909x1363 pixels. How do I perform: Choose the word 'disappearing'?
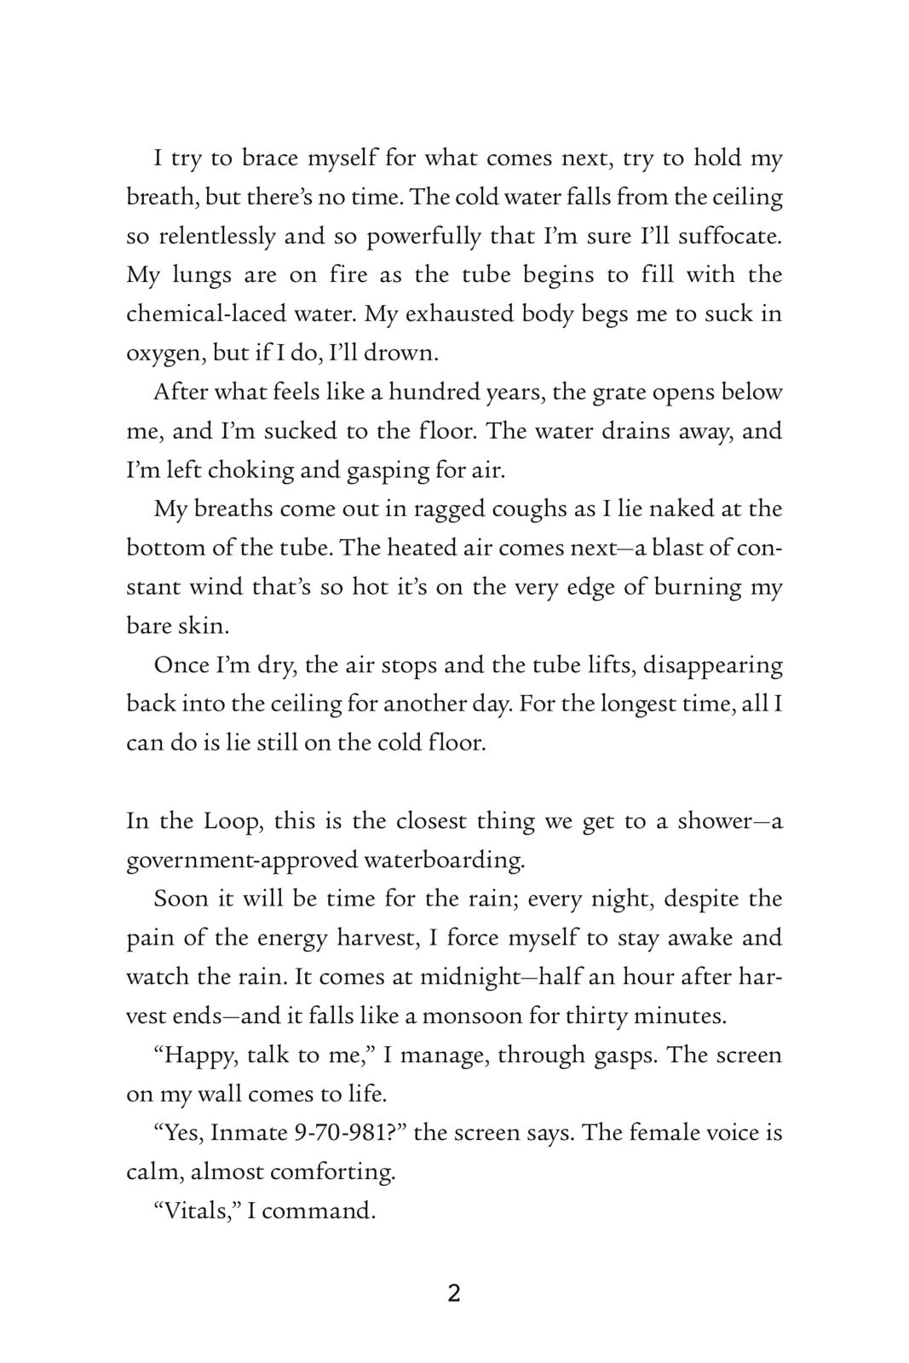pyautogui.click(x=712, y=664)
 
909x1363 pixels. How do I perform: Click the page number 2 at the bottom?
pyautogui.click(x=454, y=1294)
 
